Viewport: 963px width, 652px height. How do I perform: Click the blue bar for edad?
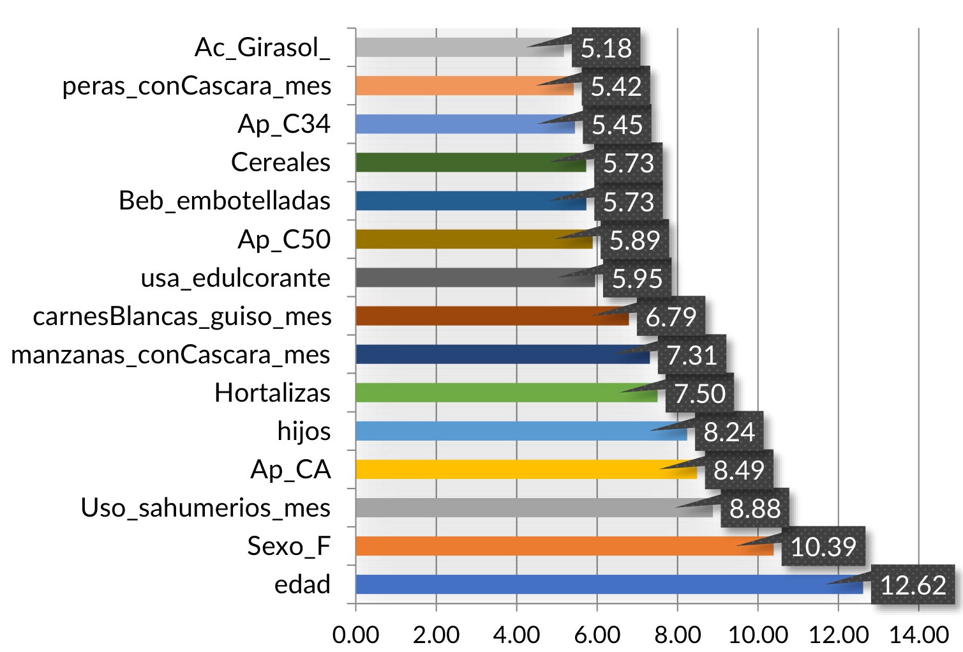pyautogui.click(x=587, y=584)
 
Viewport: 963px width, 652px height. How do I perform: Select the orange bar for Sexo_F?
pyautogui.click(x=542, y=546)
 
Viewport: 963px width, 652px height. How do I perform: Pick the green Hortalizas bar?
pyautogui.click(x=485, y=393)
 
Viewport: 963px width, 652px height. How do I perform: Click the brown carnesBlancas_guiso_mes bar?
pyautogui.click(x=472, y=316)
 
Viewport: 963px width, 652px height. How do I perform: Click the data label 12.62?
pyautogui.click(x=913, y=585)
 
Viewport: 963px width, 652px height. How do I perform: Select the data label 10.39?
pyautogui.click(x=823, y=547)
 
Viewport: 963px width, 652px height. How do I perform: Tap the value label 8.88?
pyautogui.click(x=755, y=508)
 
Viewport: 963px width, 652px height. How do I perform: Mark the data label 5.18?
pyautogui.click(x=606, y=48)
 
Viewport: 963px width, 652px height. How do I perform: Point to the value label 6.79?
pyautogui.click(x=671, y=317)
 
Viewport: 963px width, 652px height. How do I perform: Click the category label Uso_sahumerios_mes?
pyautogui.click(x=205, y=508)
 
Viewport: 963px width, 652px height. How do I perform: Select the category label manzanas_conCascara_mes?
pyautogui.click(x=170, y=354)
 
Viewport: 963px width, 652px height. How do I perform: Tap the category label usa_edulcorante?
pyautogui.click(x=235, y=278)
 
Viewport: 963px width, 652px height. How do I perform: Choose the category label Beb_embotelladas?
pyautogui.click(x=225, y=201)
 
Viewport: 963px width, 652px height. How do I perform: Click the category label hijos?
pyautogui.click(x=304, y=431)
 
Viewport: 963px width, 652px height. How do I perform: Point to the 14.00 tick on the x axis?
pyautogui.click(x=919, y=635)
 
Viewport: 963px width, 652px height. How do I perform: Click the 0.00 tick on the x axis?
pyautogui.click(x=355, y=635)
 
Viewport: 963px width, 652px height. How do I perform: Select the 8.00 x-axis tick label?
pyautogui.click(x=678, y=635)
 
